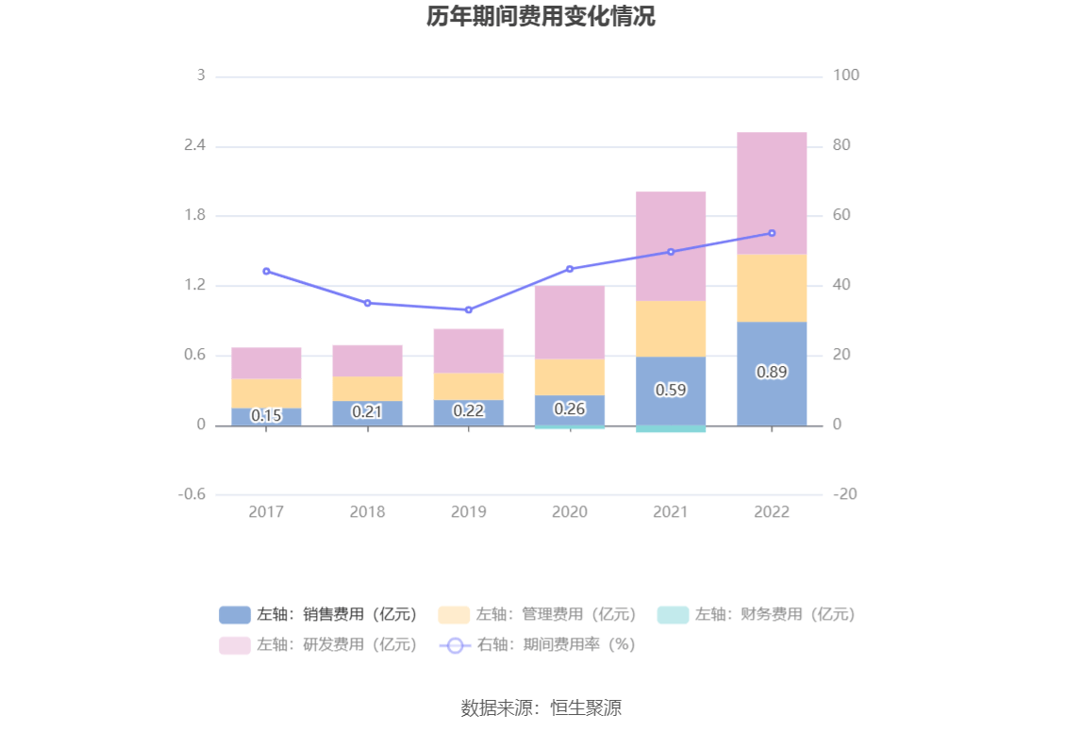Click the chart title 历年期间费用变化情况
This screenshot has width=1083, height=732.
[541, 17]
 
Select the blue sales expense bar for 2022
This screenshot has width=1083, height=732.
[772, 396]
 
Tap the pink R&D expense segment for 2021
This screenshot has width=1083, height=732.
[671, 245]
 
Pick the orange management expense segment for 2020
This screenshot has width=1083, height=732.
[570, 376]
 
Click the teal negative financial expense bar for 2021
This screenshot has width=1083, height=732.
[671, 429]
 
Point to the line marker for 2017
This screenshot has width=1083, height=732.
[266, 271]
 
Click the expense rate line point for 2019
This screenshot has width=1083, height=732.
[469, 309]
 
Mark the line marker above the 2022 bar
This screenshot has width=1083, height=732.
[772, 233]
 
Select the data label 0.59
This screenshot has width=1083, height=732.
[671, 390]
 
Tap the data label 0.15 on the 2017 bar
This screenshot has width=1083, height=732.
[266, 415]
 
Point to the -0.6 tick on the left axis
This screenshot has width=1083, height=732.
[192, 494]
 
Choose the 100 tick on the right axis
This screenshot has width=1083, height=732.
[846, 75]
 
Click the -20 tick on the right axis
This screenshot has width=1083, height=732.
[845, 494]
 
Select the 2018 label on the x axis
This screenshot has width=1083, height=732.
[367, 511]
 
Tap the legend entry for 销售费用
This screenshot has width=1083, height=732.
[319, 615]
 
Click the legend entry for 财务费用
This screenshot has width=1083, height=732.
[757, 615]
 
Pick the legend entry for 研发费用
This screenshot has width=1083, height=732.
[319, 644]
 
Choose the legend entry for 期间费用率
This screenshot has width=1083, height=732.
[539, 644]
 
